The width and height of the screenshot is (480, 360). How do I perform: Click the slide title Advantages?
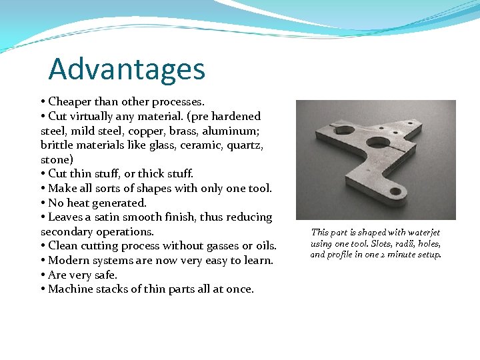click(x=127, y=69)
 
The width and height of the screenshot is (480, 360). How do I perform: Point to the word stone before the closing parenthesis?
click(x=55, y=160)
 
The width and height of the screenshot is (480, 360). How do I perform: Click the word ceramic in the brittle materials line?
click(x=189, y=145)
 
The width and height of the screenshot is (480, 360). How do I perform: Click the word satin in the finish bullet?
click(x=113, y=217)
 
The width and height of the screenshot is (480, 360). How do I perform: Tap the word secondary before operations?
click(x=67, y=232)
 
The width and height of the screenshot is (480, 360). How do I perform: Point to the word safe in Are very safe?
click(x=105, y=275)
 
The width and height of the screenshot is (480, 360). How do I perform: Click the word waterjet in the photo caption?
click(x=421, y=232)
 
